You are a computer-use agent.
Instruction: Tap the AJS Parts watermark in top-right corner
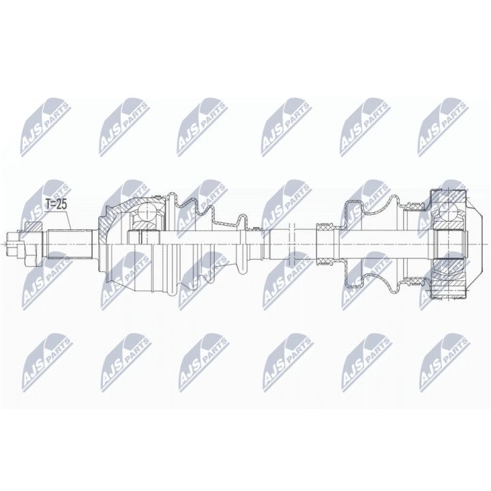click(x=443, y=123)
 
